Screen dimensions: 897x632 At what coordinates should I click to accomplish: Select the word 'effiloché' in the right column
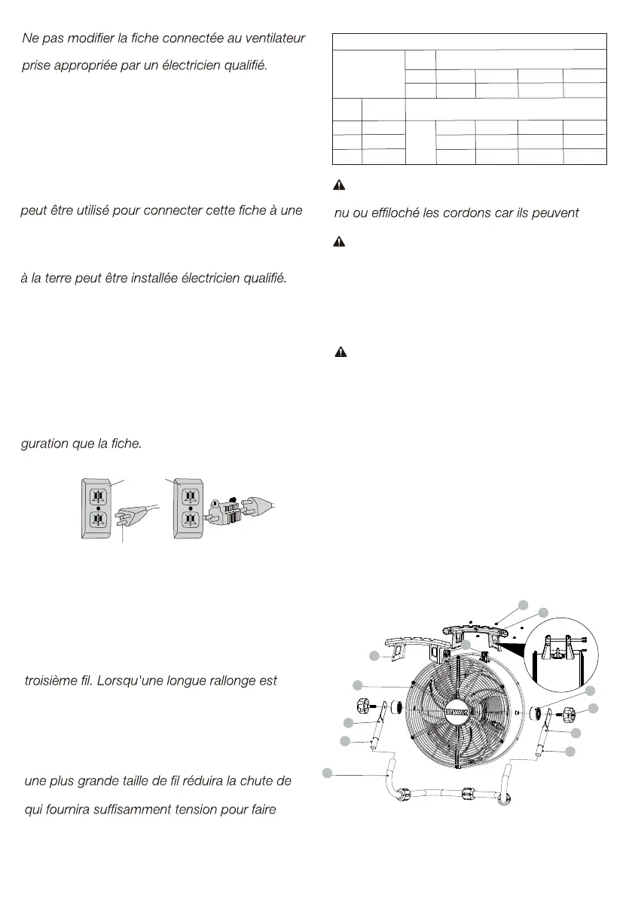point(393,212)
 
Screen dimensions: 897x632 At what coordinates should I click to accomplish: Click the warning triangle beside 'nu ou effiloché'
point(340,185)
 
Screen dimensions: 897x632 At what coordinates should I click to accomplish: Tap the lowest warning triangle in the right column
point(340,352)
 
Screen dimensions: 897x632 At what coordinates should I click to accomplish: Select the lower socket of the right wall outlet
point(190,520)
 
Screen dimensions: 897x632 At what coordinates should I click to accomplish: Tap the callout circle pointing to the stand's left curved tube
point(328,773)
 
